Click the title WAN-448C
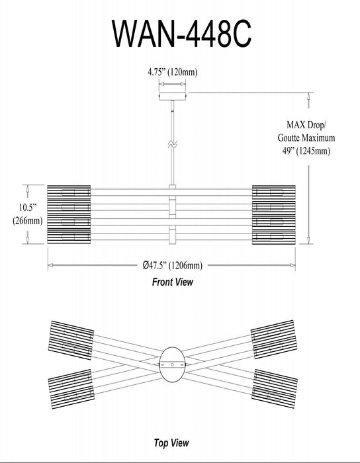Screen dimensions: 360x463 181,33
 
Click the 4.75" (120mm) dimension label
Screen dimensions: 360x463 173,72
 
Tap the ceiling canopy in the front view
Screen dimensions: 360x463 173,96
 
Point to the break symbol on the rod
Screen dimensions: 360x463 172,144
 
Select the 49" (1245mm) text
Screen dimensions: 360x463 306,151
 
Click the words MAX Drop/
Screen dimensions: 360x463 306,125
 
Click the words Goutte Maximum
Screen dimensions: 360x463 306,138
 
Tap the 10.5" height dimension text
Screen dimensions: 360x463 28,207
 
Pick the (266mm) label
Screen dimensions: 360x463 28,220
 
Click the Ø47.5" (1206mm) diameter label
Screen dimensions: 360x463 173,265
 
